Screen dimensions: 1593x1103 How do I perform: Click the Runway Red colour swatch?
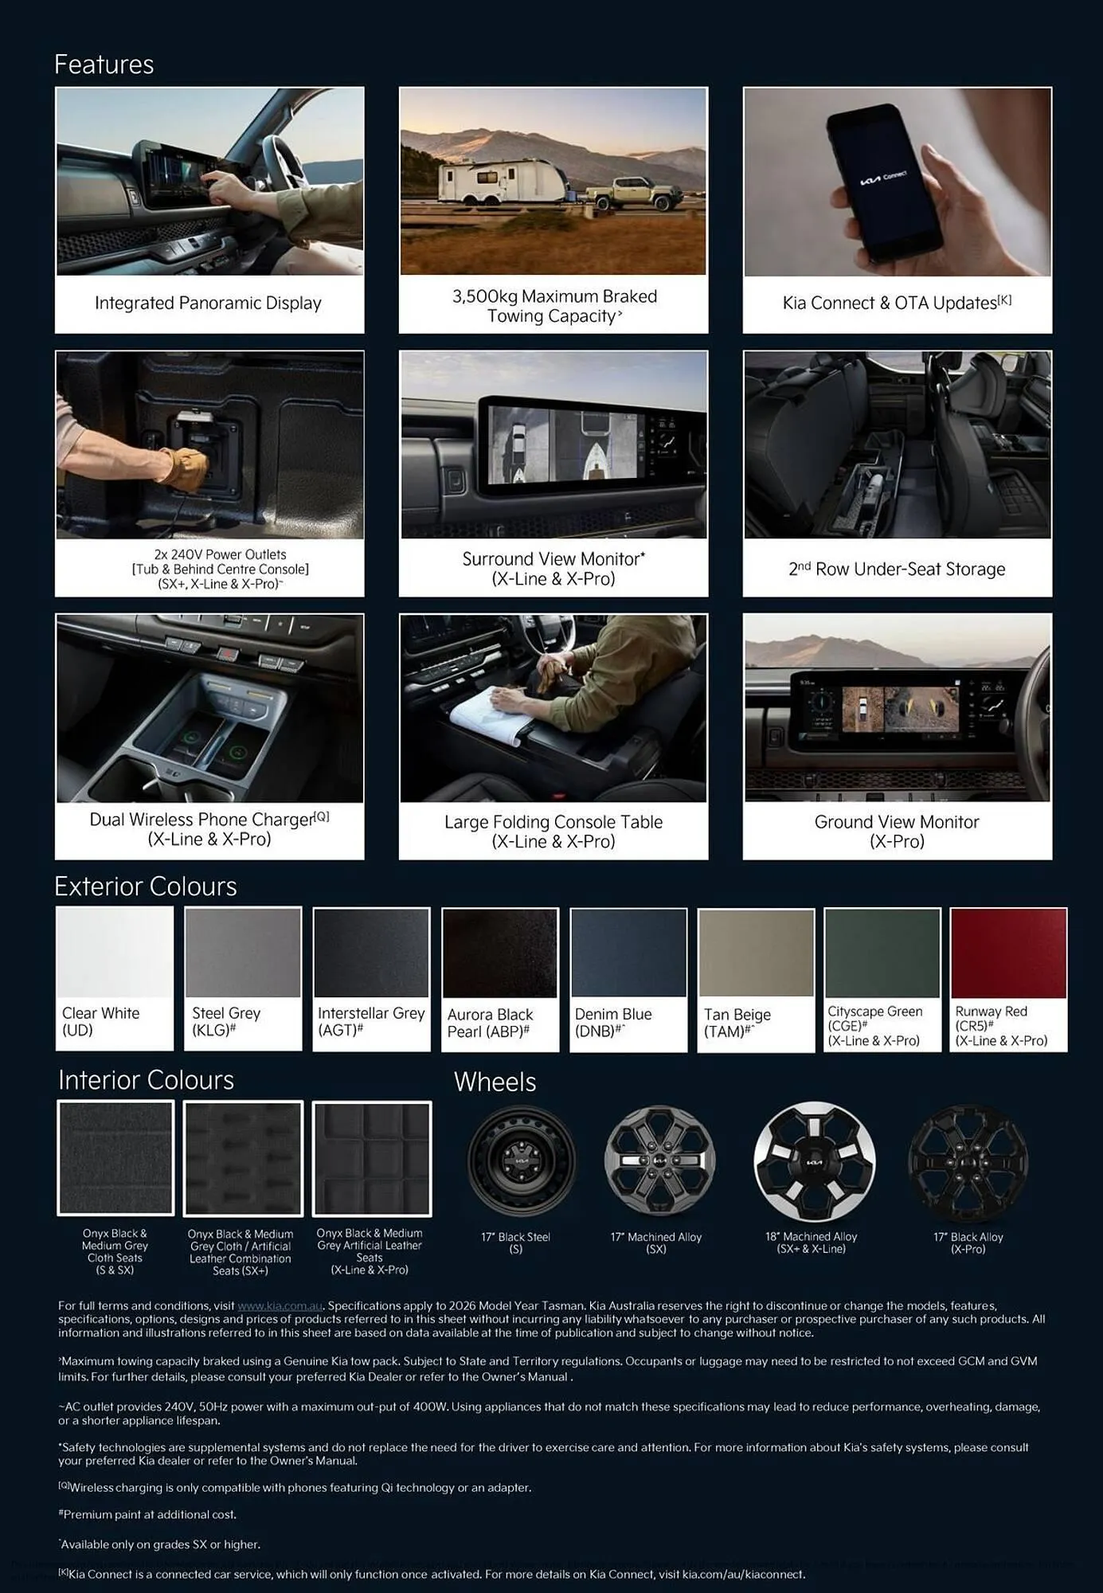pos(1008,953)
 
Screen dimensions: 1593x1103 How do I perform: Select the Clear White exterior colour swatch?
pos(115,953)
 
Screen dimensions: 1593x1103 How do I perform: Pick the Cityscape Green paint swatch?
pos(882,953)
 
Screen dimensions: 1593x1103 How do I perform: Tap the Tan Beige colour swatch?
pos(756,953)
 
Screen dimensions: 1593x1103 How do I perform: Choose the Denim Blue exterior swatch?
pos(628,953)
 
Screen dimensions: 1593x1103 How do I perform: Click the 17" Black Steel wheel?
pos(522,1161)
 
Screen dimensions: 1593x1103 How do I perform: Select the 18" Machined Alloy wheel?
pos(814,1161)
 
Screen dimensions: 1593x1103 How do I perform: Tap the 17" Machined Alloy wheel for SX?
pos(659,1161)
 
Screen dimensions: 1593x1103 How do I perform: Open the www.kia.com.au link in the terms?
pos(280,1305)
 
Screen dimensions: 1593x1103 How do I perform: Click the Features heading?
pos(104,65)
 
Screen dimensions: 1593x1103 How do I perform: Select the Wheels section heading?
pos(495,1082)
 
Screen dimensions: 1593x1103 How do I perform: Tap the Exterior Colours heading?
pos(146,887)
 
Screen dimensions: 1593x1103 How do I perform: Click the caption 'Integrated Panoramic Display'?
pos(208,303)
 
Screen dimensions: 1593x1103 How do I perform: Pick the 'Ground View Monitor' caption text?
pos(897,822)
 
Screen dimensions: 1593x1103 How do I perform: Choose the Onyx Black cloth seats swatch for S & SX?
pos(115,1158)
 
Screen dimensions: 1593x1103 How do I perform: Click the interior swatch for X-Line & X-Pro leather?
pos(372,1159)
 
